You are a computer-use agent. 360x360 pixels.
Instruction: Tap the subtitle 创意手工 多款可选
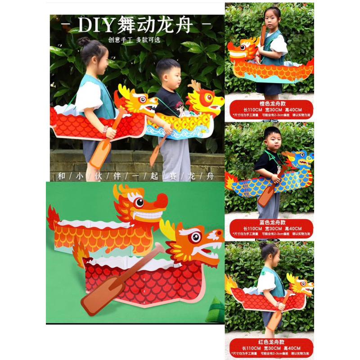134,40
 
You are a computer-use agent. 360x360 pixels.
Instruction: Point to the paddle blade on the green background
95,299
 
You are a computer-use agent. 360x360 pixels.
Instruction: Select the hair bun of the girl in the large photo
84,42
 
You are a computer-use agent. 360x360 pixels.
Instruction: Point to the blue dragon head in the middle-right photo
302,158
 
